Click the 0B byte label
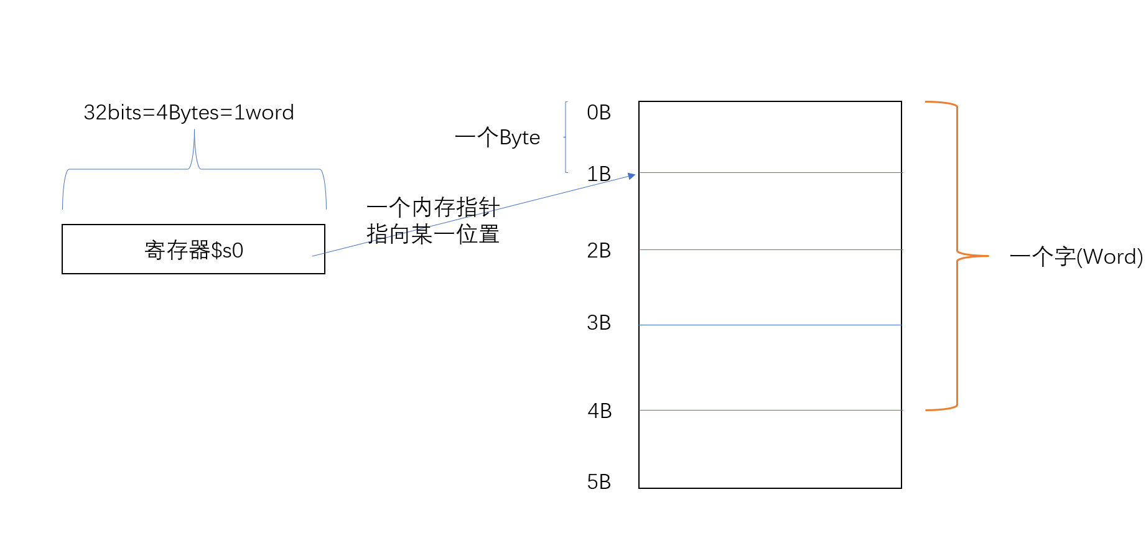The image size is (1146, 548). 599,113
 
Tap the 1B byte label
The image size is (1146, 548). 599,174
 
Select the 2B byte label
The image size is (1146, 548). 599,251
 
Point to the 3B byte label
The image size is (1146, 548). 599,323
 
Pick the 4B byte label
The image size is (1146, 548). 600,411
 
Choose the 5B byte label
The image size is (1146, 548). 599,482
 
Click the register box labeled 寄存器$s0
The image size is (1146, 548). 193,249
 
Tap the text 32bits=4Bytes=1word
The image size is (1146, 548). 189,113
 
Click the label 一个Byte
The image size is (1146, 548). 497,137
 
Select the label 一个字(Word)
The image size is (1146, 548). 1076,256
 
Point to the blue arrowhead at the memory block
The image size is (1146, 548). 631,176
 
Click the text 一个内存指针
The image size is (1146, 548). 433,207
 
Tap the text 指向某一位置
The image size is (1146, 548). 433,235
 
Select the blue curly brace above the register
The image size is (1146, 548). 194,169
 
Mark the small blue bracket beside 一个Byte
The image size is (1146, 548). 566,137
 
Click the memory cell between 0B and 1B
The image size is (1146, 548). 770,137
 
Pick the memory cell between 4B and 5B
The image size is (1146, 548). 770,449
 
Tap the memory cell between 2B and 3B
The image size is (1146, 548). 770,287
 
